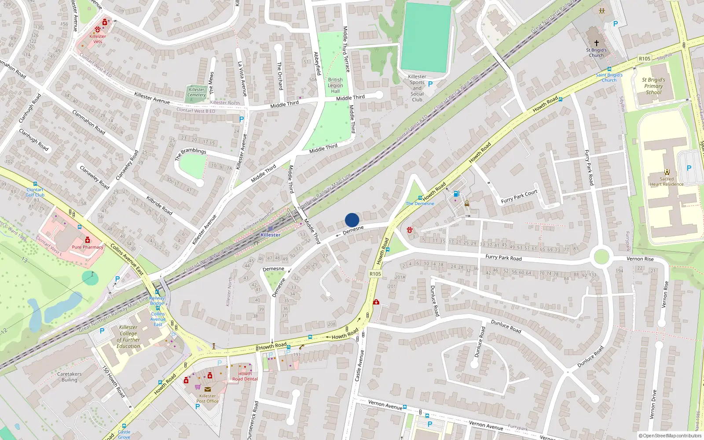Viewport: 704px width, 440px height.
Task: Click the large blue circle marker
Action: (352, 220)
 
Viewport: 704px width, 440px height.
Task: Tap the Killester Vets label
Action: (98, 39)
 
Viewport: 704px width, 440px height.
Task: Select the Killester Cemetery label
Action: (197, 92)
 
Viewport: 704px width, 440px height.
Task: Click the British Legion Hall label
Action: (335, 85)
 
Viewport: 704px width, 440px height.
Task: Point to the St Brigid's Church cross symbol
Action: (597, 43)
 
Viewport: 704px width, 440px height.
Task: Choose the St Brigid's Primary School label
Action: (653, 86)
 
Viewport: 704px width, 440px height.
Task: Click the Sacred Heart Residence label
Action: (667, 181)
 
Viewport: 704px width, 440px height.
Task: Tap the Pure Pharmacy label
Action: (87, 247)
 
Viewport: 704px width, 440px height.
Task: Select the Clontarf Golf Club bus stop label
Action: (35, 192)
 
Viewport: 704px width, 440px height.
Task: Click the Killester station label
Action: (270, 235)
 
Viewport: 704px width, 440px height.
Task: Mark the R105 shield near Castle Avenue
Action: (375, 274)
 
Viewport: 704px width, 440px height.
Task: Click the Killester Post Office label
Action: (207, 398)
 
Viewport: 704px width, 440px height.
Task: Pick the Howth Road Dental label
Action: (245, 376)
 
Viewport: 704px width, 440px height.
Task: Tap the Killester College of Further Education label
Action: (128, 337)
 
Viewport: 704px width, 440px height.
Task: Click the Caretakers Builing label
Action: (69, 377)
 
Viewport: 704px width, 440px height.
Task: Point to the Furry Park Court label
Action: (519, 197)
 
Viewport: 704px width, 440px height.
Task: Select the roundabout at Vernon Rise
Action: (601, 257)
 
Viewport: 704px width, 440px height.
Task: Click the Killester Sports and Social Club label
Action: (417, 88)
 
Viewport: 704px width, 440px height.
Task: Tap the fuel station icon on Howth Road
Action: (456, 194)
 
